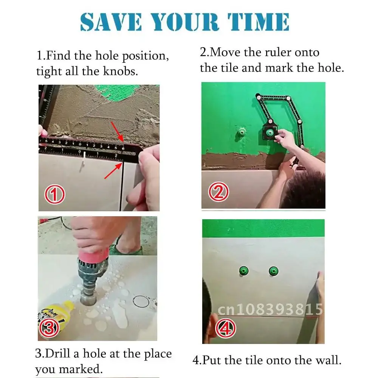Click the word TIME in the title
pos(258,22)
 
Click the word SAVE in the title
pos(111,22)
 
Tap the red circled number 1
pos(55,194)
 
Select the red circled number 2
pos(218,192)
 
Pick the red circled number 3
pos(49,328)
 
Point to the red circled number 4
pos(226,328)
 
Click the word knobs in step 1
pos(121,71)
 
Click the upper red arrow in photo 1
pos(117,132)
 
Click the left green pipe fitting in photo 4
pos(244,271)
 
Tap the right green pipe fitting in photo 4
pos(273,271)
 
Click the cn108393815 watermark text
pos(270,309)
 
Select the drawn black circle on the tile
pos(133,301)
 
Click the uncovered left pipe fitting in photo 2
pos(241,132)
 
